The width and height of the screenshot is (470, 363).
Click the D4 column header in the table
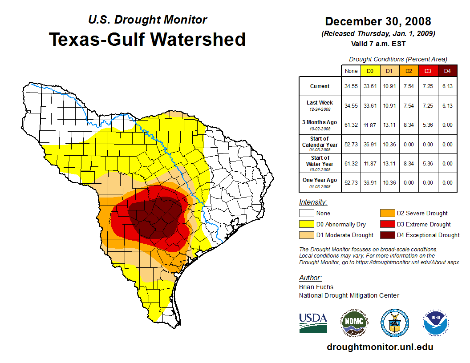point(447,71)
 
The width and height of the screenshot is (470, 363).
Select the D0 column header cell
point(369,71)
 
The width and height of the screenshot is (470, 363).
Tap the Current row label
point(320,86)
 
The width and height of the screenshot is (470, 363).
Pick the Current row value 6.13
point(447,86)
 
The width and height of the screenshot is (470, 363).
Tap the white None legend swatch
point(306,214)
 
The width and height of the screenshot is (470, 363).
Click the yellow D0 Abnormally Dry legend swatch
point(306,224)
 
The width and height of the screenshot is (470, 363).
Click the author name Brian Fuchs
point(316,287)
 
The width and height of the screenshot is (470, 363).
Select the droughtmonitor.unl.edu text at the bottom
point(380,347)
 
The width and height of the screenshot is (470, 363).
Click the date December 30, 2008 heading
point(378,21)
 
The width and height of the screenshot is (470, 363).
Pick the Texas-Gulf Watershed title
point(147,39)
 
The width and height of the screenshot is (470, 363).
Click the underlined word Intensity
point(313,202)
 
